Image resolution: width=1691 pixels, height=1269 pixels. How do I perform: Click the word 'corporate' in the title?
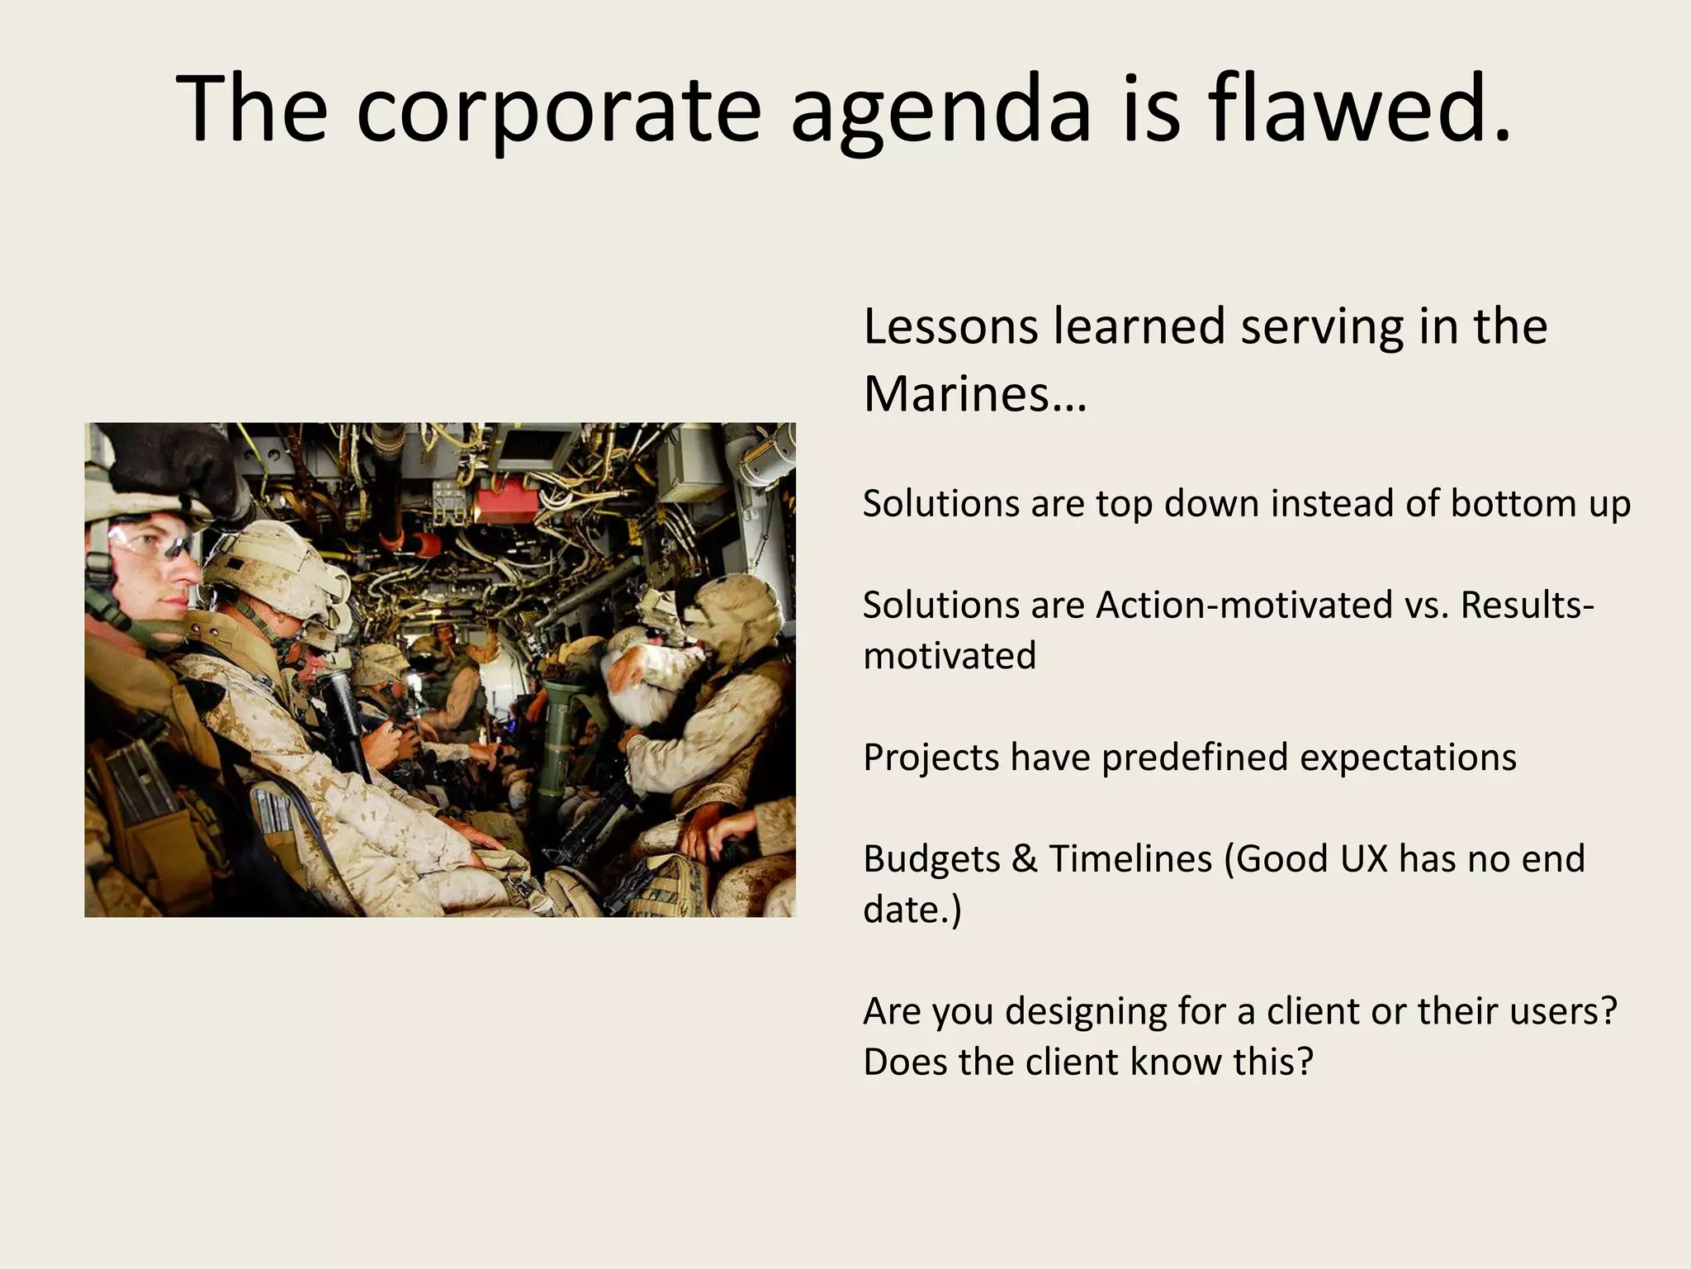tap(558, 109)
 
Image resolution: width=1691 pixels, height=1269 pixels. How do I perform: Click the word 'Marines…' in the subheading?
tap(975, 393)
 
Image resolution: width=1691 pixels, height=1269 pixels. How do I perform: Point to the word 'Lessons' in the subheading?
tap(950, 326)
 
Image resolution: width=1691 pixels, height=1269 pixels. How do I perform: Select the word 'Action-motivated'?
tap(1244, 606)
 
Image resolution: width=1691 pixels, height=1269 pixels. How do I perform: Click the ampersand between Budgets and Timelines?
tap(1024, 859)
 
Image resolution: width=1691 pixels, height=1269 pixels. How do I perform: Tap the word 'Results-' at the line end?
tap(1527, 606)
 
